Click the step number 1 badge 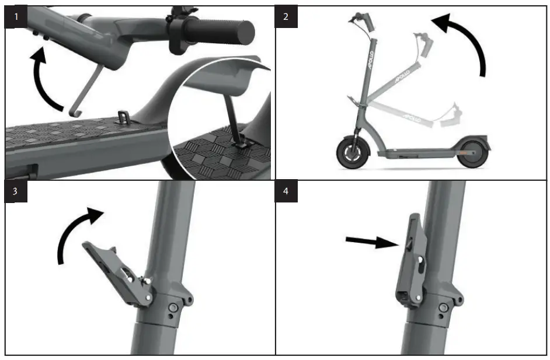tap(16, 16)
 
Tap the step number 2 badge tap(286, 16)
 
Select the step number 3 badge tap(16, 193)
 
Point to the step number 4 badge tap(286, 193)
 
